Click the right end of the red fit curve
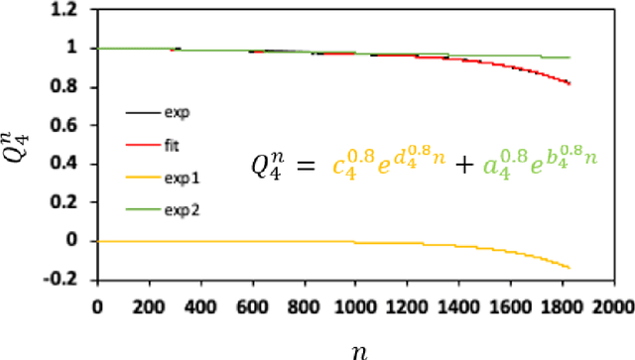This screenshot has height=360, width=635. pos(569,83)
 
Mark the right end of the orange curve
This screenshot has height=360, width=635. pos(569,268)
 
